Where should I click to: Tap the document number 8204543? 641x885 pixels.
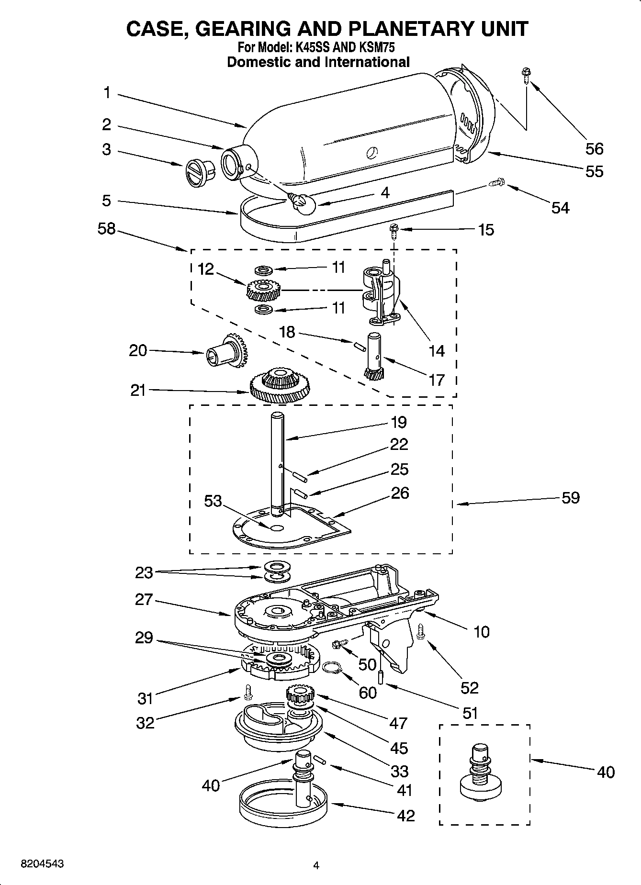(x=42, y=864)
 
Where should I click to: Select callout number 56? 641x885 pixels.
(x=594, y=149)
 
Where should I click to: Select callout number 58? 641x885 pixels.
(x=106, y=229)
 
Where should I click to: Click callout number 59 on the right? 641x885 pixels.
(x=570, y=498)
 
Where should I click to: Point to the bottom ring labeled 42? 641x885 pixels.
(x=283, y=808)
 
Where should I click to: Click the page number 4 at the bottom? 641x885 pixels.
(x=315, y=864)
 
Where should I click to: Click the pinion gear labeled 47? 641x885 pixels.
(x=300, y=695)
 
